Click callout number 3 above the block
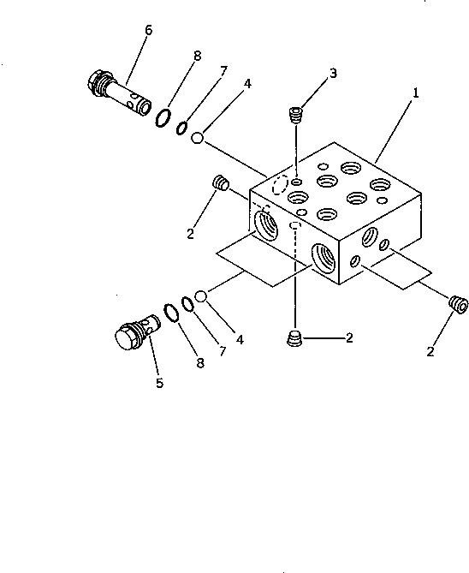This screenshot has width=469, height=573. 333,74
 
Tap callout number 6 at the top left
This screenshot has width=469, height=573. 148,30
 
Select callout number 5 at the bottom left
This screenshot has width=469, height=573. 159,383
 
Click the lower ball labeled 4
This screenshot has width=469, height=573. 202,297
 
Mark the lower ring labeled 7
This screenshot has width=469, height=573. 187,306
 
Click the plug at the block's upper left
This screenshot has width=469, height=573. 219,182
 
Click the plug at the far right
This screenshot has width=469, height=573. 458,301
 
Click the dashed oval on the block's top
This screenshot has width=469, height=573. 278,186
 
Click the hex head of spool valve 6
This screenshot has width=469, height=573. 97,82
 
